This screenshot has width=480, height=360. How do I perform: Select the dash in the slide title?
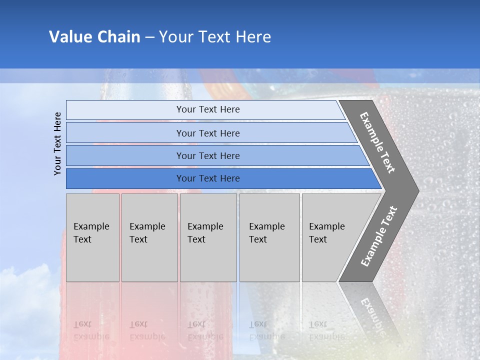[x=149, y=37]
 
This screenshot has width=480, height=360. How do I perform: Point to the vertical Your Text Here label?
[x=58, y=143]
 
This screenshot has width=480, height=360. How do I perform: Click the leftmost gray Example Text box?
[x=92, y=237]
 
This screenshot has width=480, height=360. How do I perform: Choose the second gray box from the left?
[x=149, y=237]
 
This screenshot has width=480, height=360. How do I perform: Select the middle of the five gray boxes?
[x=208, y=237]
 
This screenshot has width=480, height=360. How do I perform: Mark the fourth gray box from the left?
[x=269, y=237]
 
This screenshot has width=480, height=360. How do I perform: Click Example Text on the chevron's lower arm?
[x=379, y=236]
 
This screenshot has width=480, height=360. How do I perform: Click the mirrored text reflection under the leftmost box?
[x=91, y=330]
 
